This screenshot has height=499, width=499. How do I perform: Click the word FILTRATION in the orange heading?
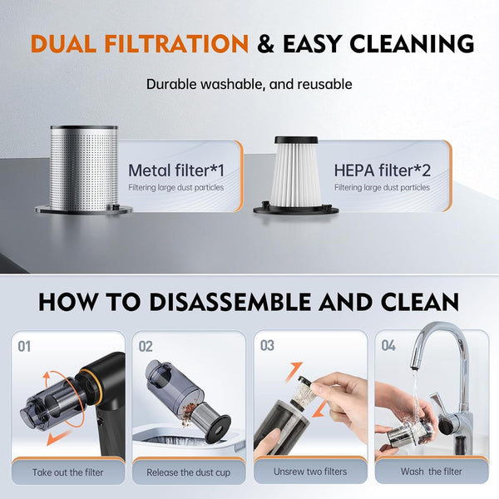[176, 43]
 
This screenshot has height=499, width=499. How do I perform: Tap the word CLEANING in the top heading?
[412, 43]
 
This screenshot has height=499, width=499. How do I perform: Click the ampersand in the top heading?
[266, 43]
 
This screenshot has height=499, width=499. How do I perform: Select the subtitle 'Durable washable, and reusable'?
[249, 84]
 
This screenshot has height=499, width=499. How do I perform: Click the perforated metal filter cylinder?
[84, 169]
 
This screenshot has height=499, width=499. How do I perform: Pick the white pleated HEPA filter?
[295, 174]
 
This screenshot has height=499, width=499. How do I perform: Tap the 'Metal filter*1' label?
[176, 170]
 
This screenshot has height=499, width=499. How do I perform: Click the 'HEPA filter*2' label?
[383, 170]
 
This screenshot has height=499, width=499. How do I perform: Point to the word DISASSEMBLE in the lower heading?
[230, 301]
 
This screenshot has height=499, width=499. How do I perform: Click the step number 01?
[24, 347]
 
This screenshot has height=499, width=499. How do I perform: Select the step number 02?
[146, 347]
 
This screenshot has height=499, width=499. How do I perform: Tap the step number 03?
[267, 346]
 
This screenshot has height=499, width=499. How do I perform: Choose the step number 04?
[388, 346]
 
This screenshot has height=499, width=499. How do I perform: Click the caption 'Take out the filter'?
[68, 472]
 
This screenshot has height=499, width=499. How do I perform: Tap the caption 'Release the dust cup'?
[189, 472]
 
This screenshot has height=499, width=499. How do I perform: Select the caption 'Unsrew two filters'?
[310, 472]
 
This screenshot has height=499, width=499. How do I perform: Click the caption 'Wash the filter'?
[431, 472]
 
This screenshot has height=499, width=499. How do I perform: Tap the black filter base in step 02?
[218, 429]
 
